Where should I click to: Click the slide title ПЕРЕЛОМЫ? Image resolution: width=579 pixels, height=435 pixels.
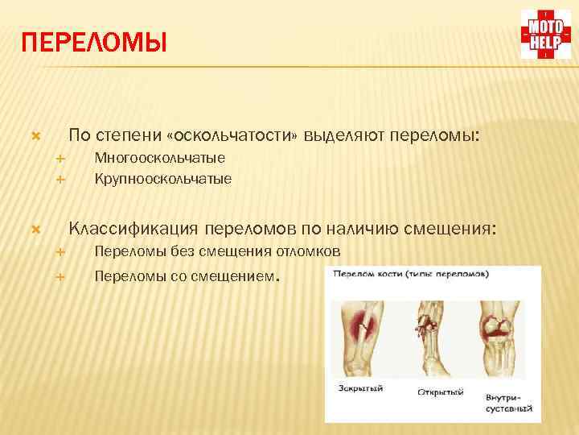95,43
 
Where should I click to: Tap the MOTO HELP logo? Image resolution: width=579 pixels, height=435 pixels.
546,35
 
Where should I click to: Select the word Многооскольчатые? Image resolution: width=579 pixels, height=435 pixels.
159,158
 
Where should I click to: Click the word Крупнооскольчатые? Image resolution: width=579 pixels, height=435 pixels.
162,178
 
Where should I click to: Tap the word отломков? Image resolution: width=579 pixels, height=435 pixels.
310,252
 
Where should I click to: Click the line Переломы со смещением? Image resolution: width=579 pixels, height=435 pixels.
187,277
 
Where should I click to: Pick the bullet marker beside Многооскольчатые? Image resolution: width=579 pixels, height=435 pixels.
60,158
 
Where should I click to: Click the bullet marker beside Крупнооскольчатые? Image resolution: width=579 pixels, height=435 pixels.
60,178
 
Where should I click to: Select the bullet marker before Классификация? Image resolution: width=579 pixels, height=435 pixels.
35,230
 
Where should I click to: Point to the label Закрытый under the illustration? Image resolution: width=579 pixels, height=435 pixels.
361,389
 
